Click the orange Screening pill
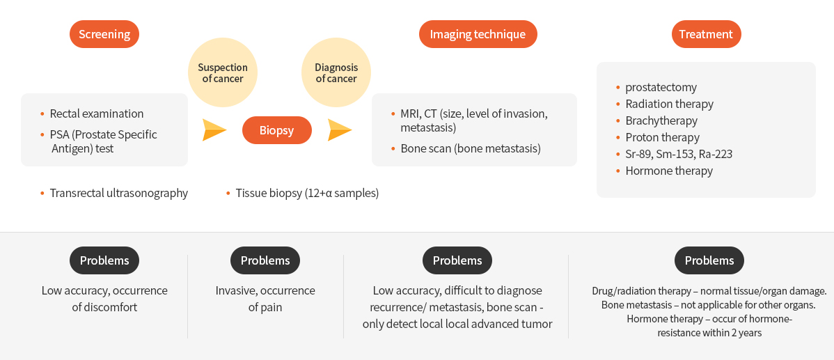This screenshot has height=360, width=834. click(x=104, y=35)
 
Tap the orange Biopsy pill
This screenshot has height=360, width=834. click(x=276, y=130)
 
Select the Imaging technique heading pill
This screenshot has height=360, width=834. click(x=478, y=35)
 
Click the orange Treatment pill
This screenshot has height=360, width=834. click(x=706, y=35)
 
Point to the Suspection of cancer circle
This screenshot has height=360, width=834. click(x=223, y=73)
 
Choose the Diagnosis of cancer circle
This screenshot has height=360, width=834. click(x=336, y=73)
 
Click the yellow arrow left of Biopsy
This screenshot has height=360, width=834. click(x=214, y=130)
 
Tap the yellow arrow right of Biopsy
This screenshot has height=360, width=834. click(x=340, y=130)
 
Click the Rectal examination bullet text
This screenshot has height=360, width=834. click(x=97, y=114)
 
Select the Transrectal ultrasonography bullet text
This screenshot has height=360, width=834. click(x=119, y=193)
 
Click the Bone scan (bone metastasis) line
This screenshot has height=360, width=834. click(x=471, y=148)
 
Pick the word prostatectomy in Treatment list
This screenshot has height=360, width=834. click(x=661, y=87)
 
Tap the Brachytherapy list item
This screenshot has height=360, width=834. click(x=661, y=120)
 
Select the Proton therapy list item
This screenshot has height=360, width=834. click(x=662, y=137)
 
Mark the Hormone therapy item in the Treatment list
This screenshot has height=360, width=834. click(x=669, y=171)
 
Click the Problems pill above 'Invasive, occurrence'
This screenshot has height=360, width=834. click(x=265, y=260)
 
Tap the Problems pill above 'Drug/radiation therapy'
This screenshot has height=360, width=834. click(x=709, y=260)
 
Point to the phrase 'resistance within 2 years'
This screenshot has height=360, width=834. click(x=709, y=334)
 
